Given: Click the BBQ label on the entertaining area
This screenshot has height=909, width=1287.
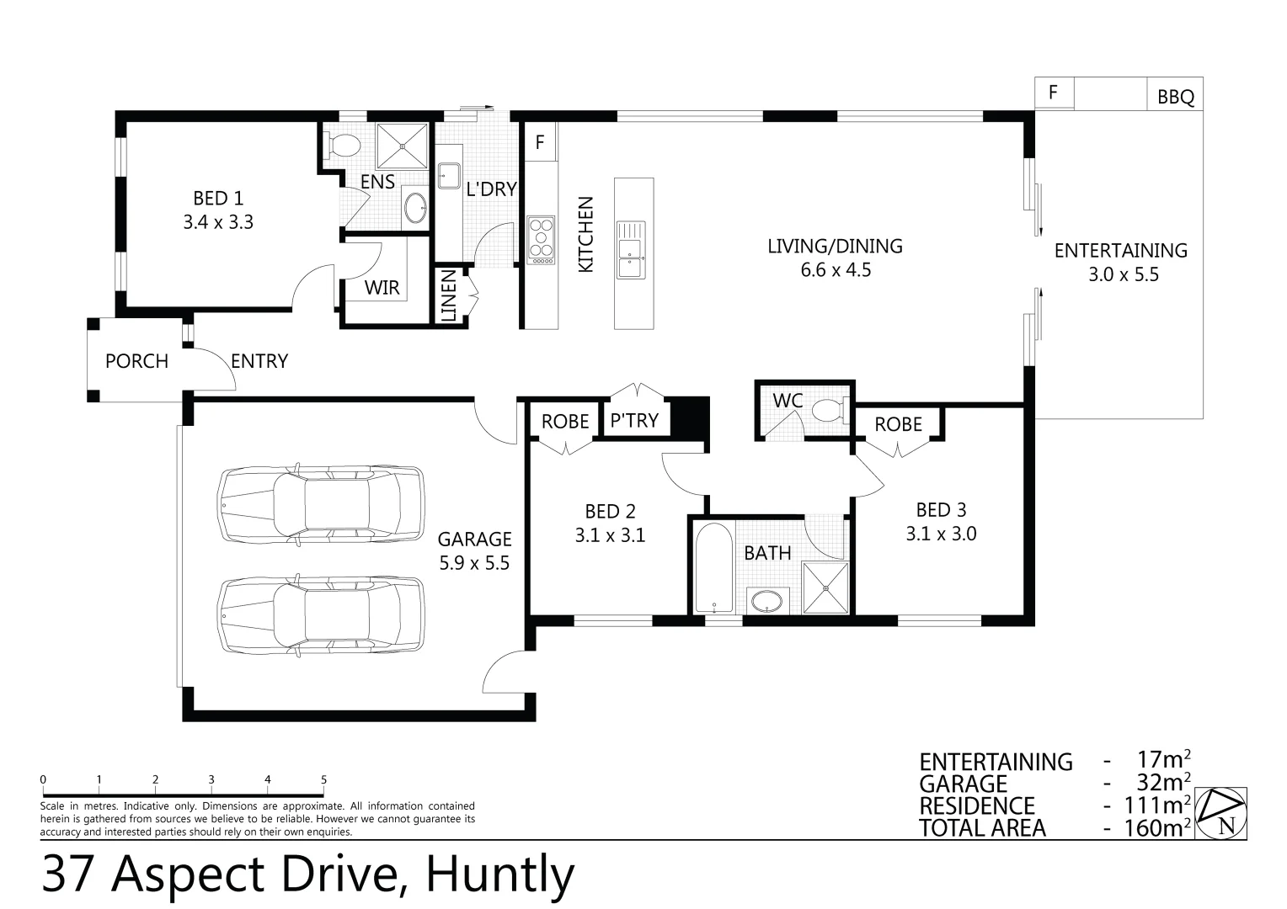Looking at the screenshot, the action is pos(1176,97).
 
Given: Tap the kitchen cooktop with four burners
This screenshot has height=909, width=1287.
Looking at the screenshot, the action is pos(541,240).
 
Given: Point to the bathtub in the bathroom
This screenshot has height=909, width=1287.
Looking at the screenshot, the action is pos(713,567).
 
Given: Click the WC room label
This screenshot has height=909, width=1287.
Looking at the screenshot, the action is pos(788,401).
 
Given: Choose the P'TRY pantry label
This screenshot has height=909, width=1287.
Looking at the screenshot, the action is pos(634,420).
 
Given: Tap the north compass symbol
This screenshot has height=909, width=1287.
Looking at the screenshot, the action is pos(1221,813).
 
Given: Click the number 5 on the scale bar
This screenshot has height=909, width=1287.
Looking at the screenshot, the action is pos(324,779).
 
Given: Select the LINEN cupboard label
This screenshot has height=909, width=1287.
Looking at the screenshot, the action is pos(449,295).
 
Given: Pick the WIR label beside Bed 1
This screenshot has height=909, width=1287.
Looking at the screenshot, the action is pos(382,287).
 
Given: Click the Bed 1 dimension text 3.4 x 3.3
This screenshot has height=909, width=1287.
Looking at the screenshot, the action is pos(218,222).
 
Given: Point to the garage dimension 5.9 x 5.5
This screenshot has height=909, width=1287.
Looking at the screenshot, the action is pos(474,563).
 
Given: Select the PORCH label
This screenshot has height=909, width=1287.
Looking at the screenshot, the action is pos(136,361).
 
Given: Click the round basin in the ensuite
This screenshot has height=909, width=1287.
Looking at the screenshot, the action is pos(415,207).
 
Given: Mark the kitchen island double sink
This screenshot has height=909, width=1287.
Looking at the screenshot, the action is pos(630,250).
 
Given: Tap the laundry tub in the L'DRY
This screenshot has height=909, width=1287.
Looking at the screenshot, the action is pos(449,176).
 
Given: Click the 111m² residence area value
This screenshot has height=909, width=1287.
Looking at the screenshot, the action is pos(1156,805).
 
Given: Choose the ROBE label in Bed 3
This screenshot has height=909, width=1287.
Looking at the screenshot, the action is pos(898,424).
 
